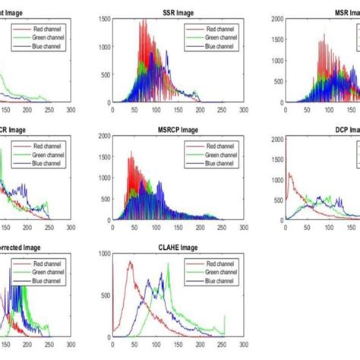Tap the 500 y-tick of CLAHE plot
pos(105,294)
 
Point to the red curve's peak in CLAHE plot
pos(130,263)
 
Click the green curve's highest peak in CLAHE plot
pos(168,264)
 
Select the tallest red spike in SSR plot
pos(141,21)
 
